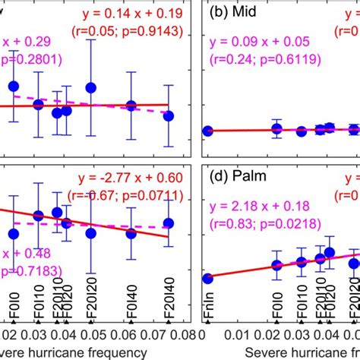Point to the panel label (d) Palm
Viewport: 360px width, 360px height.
233,180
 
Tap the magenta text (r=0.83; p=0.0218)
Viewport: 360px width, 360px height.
258,226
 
